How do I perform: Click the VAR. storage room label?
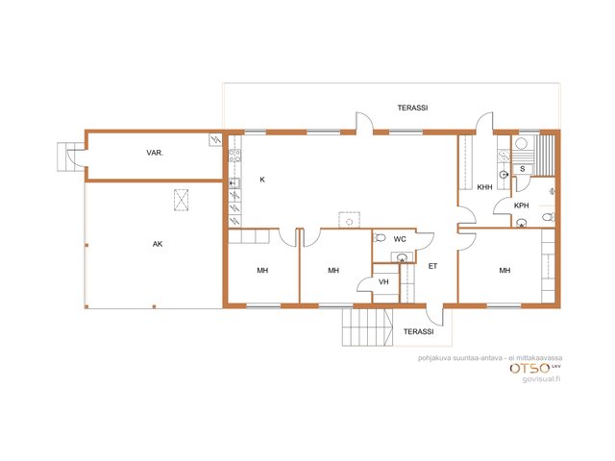click(x=155, y=153)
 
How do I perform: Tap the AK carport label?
click(x=158, y=244)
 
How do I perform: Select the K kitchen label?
click(x=262, y=180)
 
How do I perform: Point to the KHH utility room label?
click(x=484, y=187)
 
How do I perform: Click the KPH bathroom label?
click(x=521, y=206)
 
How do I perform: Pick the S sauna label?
click(x=522, y=169)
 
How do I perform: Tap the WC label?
click(x=400, y=239)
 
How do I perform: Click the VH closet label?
click(x=383, y=281)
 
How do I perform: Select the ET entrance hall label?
click(x=432, y=266)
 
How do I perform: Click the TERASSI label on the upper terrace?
click(x=412, y=108)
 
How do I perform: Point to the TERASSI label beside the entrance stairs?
click(x=419, y=331)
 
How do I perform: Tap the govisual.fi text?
click(x=541, y=379)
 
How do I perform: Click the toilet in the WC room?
click(x=380, y=237)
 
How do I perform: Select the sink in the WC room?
click(x=402, y=257)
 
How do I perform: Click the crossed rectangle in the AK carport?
click(x=182, y=200)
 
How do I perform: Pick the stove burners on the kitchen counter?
click(x=234, y=156)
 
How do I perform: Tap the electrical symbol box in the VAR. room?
click(x=215, y=139)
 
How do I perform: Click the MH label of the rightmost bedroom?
click(x=504, y=271)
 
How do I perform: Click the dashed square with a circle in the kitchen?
click(x=350, y=220)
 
